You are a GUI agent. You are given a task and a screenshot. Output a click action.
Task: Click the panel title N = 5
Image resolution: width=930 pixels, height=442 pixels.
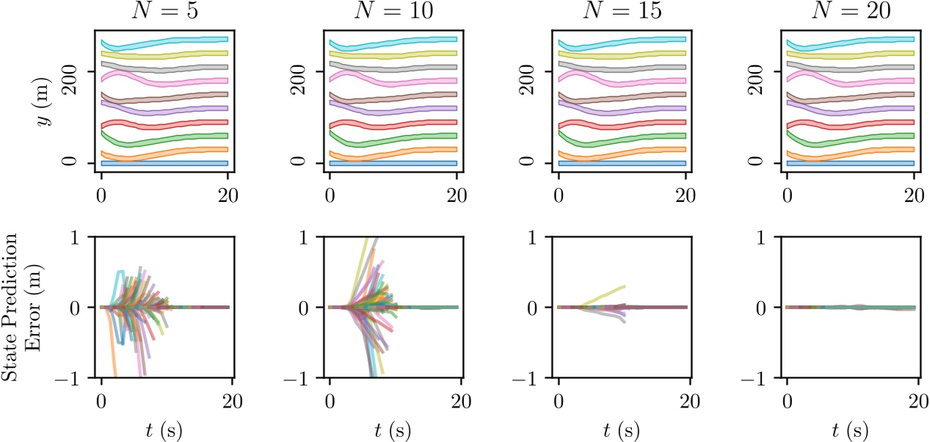click(164, 11)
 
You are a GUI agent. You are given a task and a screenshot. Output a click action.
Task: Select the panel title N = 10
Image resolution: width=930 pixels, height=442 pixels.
click(393, 11)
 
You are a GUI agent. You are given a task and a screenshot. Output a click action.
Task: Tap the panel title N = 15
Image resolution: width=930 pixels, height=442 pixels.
click(622, 11)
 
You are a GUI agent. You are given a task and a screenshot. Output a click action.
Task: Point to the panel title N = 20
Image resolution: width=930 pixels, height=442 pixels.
click(851, 11)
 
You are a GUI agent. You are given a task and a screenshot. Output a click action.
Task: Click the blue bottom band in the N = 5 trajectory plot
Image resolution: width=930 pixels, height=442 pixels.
click(164, 163)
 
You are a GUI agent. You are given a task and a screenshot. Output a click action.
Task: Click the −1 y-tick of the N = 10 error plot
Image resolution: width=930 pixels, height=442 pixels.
click(301, 378)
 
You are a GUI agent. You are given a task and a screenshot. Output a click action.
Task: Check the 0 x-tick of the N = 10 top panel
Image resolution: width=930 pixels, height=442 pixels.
click(330, 195)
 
